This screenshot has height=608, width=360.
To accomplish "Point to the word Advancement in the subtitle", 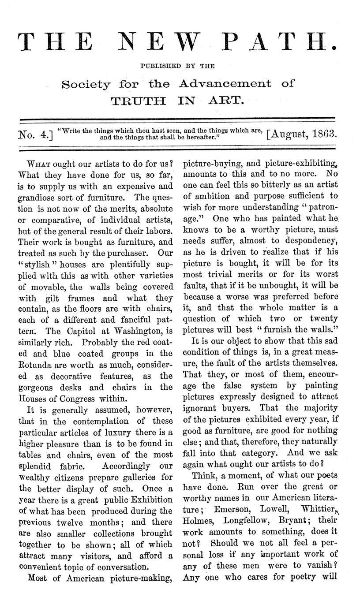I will click(225, 83).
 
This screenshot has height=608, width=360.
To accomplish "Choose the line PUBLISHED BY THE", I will click(177, 66).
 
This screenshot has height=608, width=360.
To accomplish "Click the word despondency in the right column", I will click(311, 241).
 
